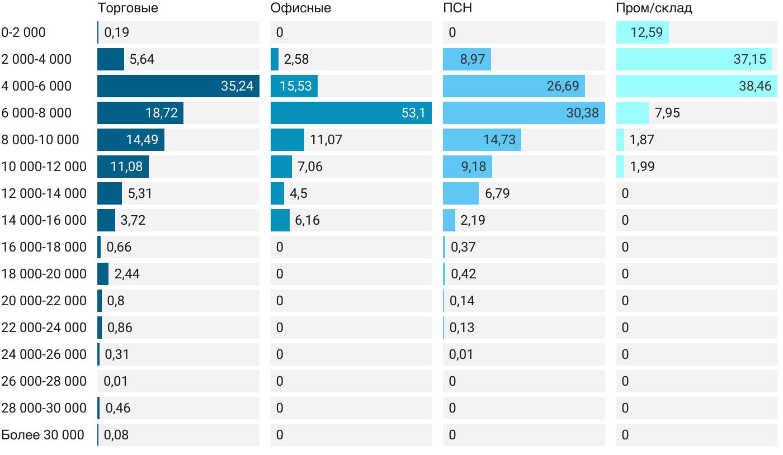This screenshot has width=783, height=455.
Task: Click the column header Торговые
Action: [x=128, y=8]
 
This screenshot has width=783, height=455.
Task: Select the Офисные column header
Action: [x=300, y=8]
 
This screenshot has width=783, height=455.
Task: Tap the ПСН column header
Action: [x=457, y=8]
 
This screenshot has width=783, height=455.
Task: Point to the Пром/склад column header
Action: [x=654, y=8]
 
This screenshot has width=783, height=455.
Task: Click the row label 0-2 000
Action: [x=23, y=32]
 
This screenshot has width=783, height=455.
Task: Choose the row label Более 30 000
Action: [x=43, y=435]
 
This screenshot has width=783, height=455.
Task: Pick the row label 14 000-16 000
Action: [x=44, y=220]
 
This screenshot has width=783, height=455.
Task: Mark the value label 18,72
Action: [x=162, y=113]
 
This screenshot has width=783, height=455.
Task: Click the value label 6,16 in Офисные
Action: [x=308, y=220]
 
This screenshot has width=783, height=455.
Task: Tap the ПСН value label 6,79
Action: [x=497, y=193]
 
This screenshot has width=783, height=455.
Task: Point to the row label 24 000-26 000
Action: [x=44, y=354]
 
